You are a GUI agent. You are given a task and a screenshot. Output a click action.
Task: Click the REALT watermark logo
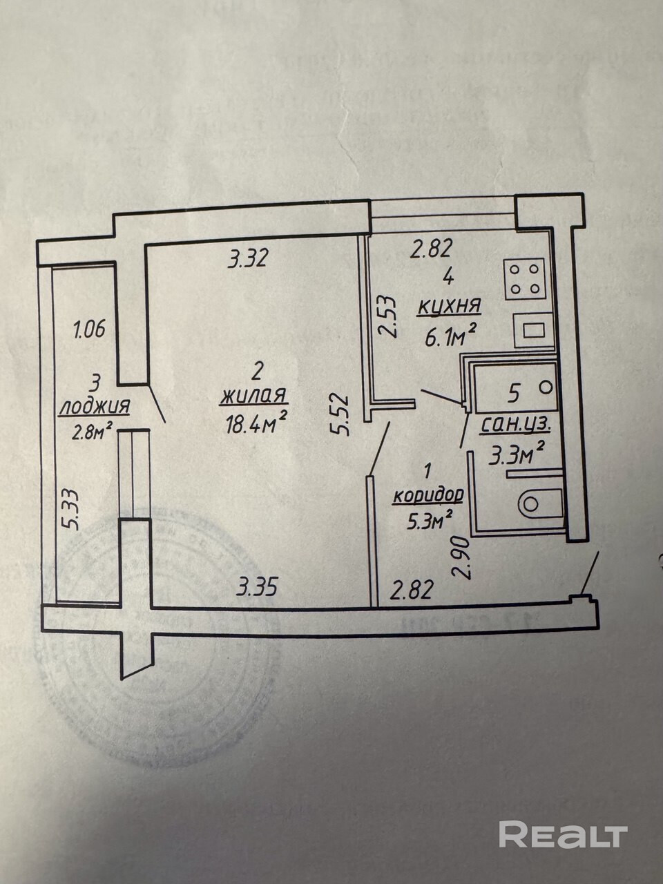tap(563, 834)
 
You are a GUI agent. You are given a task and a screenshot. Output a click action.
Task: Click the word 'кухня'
tap(449, 307)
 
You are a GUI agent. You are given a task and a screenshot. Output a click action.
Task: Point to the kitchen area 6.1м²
tap(452, 336)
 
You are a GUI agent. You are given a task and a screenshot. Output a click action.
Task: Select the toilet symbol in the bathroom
tap(541, 503)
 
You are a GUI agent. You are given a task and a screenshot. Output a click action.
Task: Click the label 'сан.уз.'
tap(515, 425)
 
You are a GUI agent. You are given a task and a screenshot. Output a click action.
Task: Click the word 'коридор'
tap(427, 496)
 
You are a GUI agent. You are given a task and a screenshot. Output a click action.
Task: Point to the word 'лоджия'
tap(94, 407)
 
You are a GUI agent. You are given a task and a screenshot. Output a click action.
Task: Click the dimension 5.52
tap(340, 414)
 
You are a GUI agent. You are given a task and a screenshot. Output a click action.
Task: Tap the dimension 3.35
tap(257, 588)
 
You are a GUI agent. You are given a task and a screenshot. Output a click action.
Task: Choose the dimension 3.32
tap(247, 258)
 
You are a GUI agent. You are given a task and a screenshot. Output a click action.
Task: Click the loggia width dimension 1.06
tap(89, 329)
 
